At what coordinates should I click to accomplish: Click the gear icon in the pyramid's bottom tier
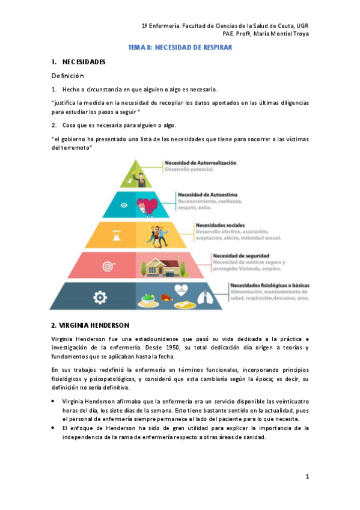[100, 296]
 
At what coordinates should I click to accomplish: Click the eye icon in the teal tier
[124, 205]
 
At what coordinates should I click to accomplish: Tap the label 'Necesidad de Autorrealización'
[201, 163]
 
